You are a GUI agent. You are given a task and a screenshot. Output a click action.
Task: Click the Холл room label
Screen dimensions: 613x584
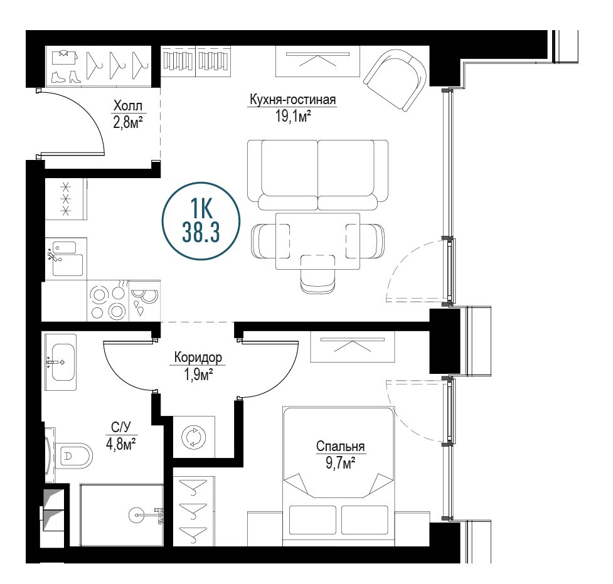pos(127,105)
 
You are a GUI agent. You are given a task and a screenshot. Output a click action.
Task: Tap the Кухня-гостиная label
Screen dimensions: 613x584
pos(293,99)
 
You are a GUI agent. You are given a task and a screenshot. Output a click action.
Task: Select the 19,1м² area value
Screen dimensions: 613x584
pos(293,116)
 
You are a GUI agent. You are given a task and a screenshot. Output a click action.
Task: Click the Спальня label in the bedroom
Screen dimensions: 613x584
pos(340,446)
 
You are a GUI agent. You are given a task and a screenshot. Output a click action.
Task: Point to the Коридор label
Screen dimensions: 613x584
pos(198,358)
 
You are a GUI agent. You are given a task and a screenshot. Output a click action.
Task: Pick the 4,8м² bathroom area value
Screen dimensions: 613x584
pos(121,445)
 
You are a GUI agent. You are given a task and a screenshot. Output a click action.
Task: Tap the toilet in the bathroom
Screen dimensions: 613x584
pos(73,456)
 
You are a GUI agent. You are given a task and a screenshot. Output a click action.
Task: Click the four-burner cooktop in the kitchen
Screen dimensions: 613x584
pos(107,300)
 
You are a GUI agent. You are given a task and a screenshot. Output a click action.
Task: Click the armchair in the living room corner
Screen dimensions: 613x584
pos(395,79)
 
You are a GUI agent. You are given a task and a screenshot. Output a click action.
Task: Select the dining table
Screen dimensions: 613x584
pos(318,241)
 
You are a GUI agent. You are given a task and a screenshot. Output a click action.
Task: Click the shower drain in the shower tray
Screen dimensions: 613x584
pos(137,515)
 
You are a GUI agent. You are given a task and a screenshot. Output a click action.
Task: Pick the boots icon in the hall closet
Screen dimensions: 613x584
pos(66,77)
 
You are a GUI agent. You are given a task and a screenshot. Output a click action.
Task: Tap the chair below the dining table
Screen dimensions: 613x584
pos(318,273)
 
